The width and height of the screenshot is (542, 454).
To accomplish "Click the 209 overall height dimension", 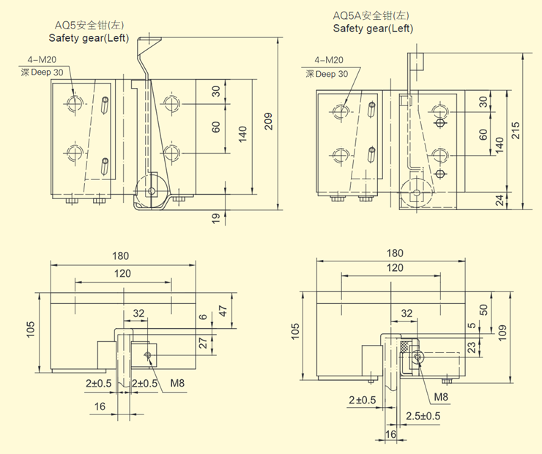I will click(x=268, y=122).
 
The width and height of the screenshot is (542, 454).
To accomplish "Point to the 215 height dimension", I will click(x=516, y=130).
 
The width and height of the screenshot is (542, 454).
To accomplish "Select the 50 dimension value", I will click(x=483, y=310).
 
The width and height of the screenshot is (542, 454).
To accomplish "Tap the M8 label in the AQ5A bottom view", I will click(x=440, y=397).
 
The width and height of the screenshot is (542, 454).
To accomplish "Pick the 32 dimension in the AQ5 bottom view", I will click(x=138, y=313).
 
